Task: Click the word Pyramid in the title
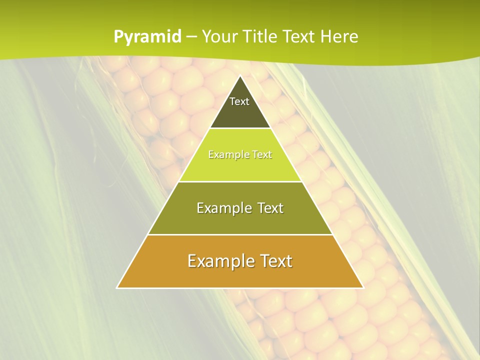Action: (x=147, y=37)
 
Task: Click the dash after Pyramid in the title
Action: (x=191, y=37)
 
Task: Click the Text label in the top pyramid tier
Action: (x=239, y=101)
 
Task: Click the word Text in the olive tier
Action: (x=268, y=208)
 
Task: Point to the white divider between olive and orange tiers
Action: (x=240, y=234)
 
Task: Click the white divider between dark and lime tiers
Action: (x=240, y=128)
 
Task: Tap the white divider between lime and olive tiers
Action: (x=240, y=181)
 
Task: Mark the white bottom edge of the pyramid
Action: (x=240, y=288)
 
